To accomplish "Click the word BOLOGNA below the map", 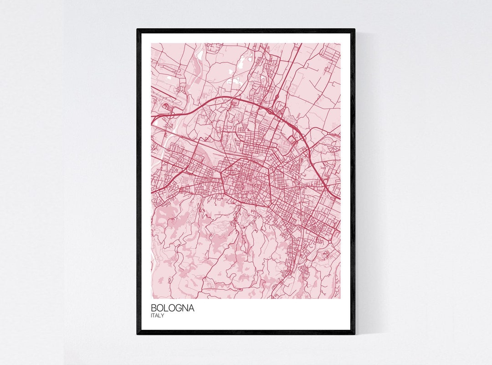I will click(172, 308).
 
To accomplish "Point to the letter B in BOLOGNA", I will click(154, 308).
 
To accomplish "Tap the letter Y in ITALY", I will click(163, 315).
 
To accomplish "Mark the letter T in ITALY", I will click(154, 315).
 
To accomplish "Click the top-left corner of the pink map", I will click(151, 44).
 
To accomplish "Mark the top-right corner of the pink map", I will click(340, 44).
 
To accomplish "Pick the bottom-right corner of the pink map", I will click(340, 298).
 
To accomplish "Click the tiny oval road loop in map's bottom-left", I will click(169, 279).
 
